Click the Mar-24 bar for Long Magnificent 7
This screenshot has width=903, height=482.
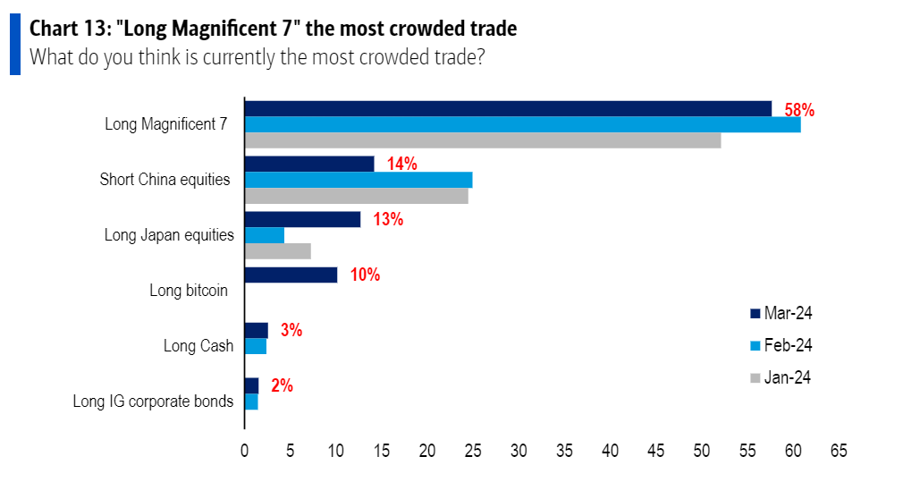508,108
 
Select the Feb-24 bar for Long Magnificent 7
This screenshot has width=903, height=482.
522,124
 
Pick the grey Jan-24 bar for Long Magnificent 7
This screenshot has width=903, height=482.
483,140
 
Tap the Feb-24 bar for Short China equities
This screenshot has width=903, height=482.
359,180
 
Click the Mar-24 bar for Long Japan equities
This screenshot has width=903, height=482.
302,219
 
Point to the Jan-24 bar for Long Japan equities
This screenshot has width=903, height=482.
278,251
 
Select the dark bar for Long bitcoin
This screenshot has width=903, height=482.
291,275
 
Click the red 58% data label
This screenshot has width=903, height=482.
799,110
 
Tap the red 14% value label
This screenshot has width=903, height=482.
401,164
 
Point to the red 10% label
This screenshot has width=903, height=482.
365,275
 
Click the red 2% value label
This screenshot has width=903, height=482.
282,385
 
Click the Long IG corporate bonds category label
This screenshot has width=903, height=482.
153,402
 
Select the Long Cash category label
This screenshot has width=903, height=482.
198,346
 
